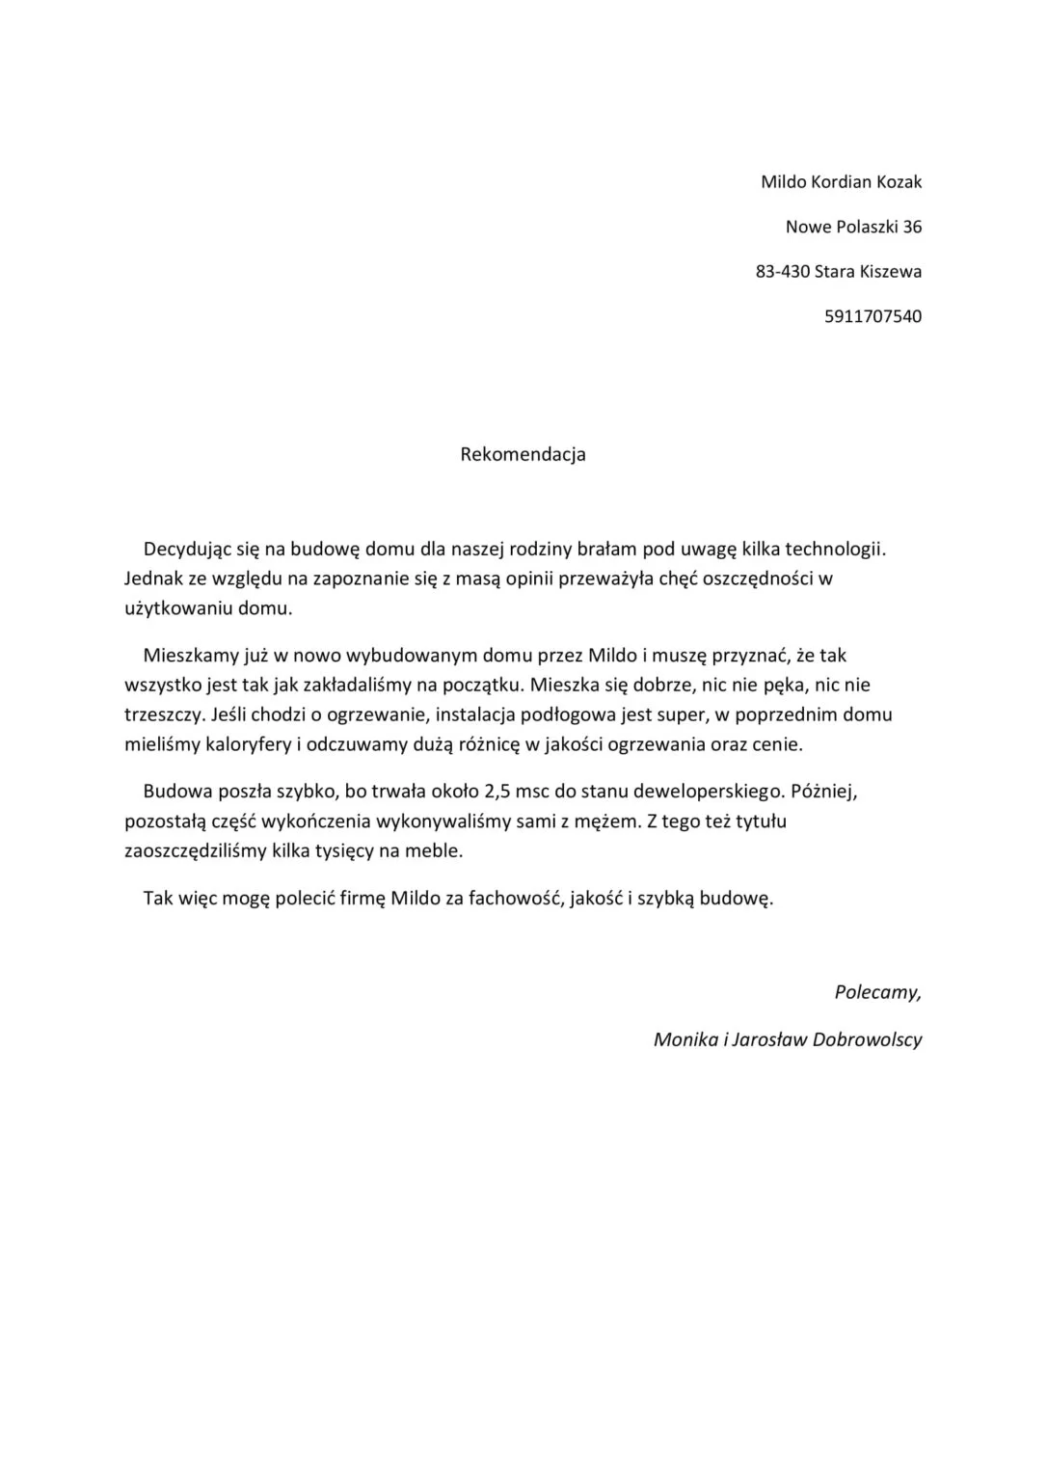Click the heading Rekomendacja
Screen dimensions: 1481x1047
523,454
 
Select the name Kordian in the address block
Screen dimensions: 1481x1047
842,182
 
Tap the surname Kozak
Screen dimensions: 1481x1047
899,182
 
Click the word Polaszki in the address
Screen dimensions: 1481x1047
860,228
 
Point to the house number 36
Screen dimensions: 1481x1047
912,228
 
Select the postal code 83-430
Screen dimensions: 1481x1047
782,272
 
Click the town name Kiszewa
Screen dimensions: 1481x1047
891,272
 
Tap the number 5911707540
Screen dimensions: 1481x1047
872,316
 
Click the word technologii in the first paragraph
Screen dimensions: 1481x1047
834,550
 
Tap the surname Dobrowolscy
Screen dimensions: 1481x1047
867,1039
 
